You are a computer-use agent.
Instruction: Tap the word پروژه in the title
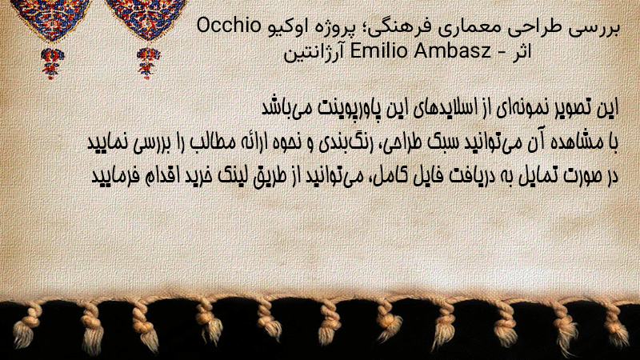coord(331,29)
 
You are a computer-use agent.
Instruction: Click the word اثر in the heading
coord(522,51)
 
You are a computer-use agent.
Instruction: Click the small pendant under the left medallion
coord(52,63)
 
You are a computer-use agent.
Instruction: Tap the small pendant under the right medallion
coord(148,63)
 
